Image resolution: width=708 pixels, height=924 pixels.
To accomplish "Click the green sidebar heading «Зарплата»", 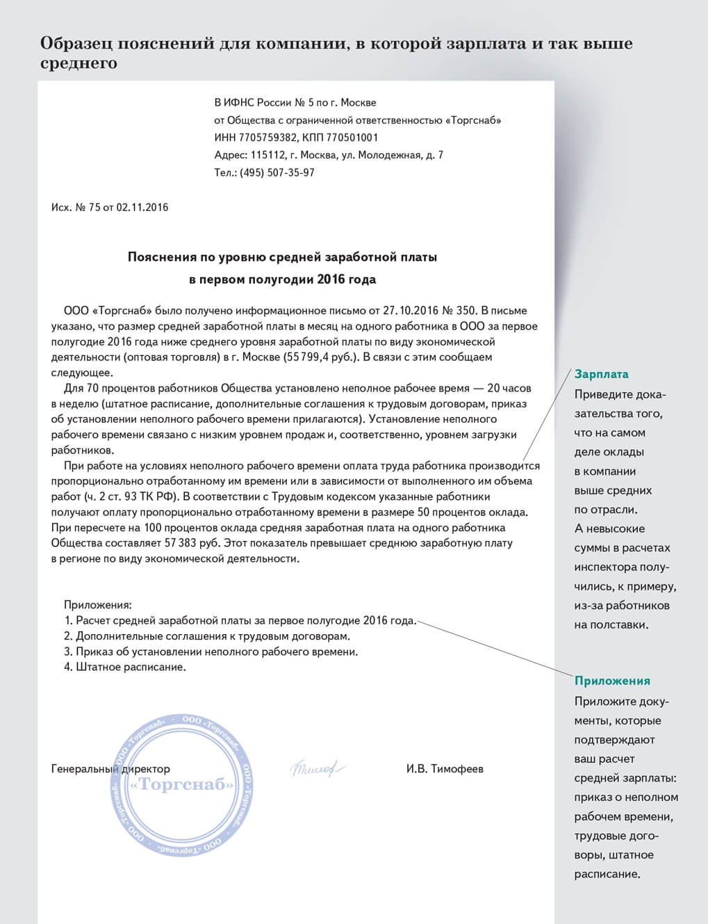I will (601, 374).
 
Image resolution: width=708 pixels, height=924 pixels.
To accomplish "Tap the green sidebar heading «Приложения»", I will (612, 681).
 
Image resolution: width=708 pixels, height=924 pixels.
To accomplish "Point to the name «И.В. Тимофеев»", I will (445, 769).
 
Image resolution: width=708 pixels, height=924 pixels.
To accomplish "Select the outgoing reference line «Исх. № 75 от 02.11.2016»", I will (110, 207).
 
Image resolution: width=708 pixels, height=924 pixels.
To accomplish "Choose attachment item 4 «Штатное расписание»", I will (126, 667).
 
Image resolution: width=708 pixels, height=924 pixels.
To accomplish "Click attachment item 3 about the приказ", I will (211, 652).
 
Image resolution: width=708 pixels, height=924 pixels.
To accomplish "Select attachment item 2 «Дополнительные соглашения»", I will (206, 636).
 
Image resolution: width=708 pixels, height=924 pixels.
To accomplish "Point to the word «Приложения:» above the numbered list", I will (97, 605).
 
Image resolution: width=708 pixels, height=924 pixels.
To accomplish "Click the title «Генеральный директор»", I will (110, 769).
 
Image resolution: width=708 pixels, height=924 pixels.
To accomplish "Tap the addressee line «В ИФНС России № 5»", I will (295, 103).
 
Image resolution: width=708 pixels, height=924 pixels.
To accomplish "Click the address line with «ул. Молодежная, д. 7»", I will (329, 155).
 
